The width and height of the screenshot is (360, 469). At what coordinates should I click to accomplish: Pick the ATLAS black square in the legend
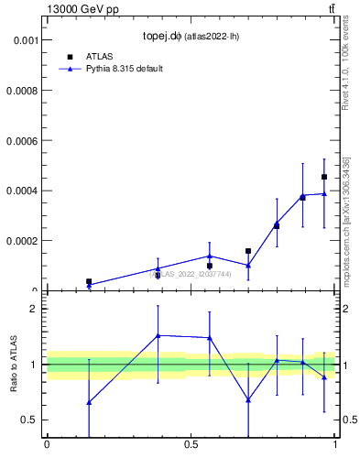pos(70,56)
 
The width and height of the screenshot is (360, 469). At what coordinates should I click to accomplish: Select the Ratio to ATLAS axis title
pos(15,365)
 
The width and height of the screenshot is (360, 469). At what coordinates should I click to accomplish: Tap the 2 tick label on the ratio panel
pos(35,309)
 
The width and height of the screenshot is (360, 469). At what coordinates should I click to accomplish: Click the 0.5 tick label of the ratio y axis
pos(30,420)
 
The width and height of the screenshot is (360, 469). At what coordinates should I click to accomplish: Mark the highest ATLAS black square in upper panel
pos(324,177)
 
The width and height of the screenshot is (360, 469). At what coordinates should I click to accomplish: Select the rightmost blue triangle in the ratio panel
pos(324,376)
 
